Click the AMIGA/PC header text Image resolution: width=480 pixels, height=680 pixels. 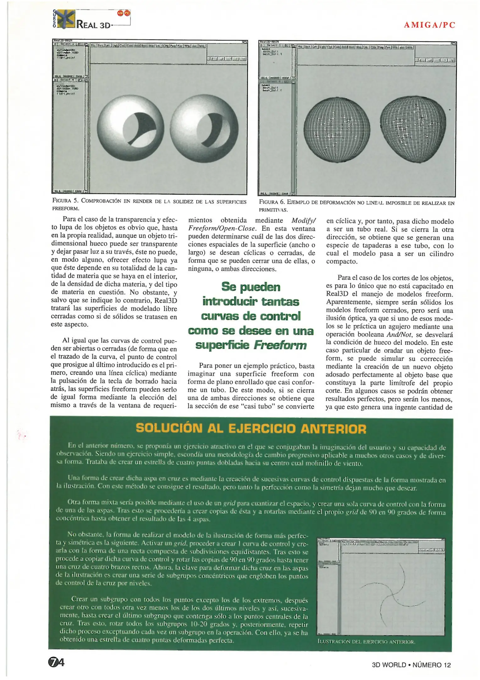point(429,25)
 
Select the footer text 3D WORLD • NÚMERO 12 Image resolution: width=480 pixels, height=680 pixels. point(411,665)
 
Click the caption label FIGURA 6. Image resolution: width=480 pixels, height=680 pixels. point(272,203)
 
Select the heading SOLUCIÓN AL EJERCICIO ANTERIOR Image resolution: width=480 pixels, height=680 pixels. point(251,429)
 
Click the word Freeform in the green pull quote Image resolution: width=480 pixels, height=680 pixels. point(280,345)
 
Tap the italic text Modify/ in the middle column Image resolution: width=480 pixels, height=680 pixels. point(303,221)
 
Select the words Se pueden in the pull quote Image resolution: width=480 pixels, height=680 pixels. point(251,287)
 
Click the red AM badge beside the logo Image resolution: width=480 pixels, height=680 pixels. point(120,13)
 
